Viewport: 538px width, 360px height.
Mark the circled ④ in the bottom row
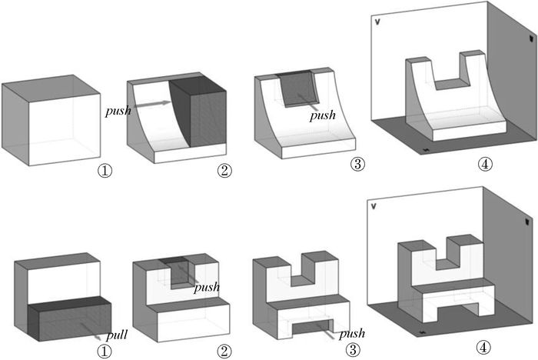tap(483, 348)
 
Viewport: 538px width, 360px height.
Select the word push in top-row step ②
tap(118, 110)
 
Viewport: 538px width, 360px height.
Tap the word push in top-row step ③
tap(323, 116)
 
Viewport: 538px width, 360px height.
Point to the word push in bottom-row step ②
tap(207, 288)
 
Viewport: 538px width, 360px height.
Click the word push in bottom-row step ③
tap(352, 335)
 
